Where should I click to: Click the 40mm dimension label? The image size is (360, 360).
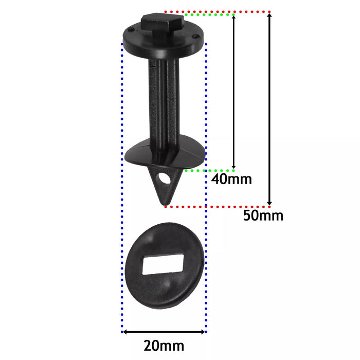231,179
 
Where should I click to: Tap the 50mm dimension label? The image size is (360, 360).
263,215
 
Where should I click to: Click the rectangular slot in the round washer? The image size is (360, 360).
164,264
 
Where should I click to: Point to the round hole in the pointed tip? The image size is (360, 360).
165,179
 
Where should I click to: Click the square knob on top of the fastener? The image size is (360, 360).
161,24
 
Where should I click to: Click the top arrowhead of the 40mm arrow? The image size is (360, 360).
234,18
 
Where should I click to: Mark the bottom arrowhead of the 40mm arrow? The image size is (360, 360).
234,166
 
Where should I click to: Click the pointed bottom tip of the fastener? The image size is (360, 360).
165,204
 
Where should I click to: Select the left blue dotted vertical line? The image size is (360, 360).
121,206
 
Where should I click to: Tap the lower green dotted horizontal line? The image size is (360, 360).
211,169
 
